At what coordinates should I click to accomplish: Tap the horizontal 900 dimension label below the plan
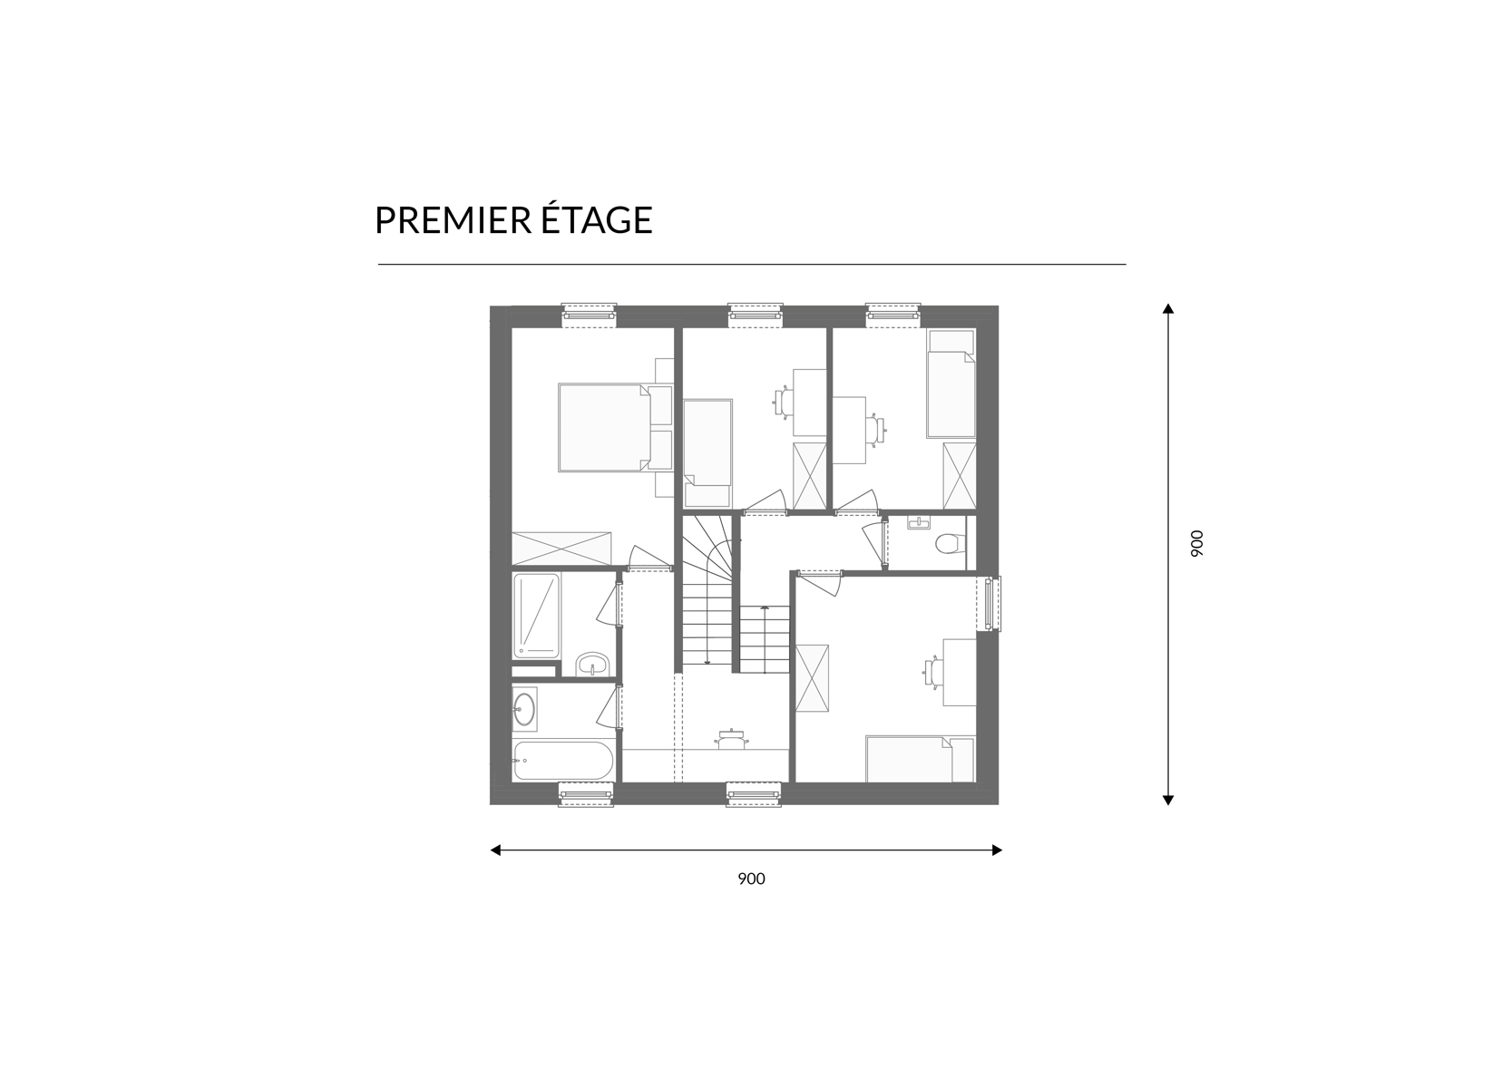click(751, 879)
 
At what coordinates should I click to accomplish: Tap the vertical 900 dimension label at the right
click(1197, 544)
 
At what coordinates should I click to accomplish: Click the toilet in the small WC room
click(950, 543)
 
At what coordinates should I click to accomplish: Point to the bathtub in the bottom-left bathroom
click(563, 761)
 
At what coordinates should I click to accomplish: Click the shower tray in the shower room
click(536, 616)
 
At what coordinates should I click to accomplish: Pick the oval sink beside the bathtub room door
click(523, 708)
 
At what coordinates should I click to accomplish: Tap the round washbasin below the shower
click(592, 664)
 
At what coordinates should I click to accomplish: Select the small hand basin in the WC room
click(919, 523)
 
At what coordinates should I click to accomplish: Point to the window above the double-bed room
click(589, 312)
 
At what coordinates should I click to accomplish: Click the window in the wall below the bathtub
click(586, 795)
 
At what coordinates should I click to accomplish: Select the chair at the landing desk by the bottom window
click(731, 739)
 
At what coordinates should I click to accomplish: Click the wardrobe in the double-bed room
click(561, 549)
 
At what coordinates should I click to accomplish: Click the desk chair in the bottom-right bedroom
click(932, 671)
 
